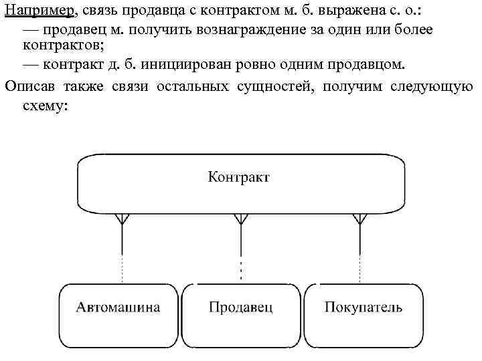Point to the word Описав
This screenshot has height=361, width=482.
pyautogui.click(x=29, y=86)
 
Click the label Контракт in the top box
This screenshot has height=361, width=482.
pyautogui.click(x=240, y=177)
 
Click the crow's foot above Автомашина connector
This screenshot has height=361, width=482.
pyautogui.click(x=122, y=219)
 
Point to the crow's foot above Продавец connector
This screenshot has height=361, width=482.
pyautogui.click(x=241, y=219)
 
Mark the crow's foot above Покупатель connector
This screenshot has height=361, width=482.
pyautogui.click(x=360, y=219)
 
